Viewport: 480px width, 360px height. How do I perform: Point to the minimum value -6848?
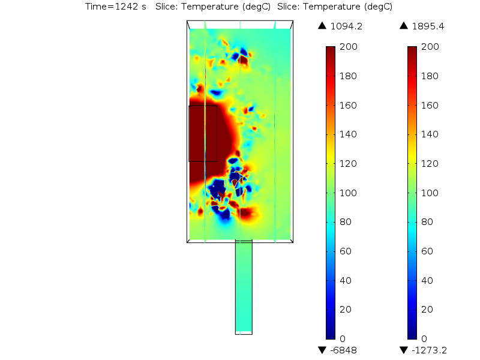343,350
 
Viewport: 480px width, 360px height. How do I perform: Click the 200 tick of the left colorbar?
349,47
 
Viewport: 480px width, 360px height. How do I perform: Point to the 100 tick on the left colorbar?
349,193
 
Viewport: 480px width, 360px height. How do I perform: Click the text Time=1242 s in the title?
115,7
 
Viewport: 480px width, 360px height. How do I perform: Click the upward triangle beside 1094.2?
322,26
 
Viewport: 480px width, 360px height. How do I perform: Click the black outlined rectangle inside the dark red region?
203,133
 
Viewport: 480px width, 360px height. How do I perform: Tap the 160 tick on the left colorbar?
349,105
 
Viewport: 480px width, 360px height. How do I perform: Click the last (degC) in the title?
377,7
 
